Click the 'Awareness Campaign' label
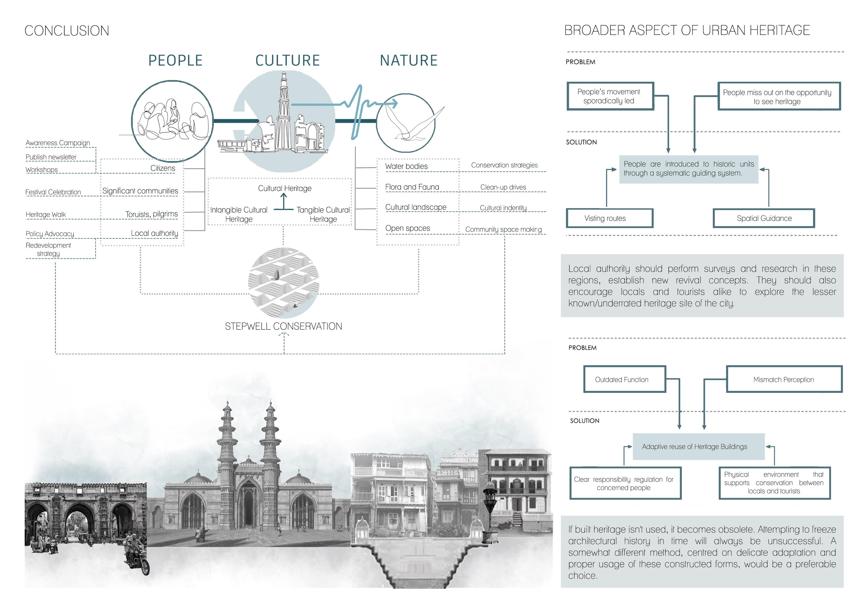pyautogui.click(x=58, y=143)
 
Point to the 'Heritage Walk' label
pyautogui.click(x=46, y=215)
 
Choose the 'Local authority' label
pyautogui.click(x=154, y=233)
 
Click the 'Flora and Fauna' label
pyautogui.click(x=412, y=187)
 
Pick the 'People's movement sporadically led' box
pyautogui.click(x=610, y=96)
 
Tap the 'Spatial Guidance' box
pyautogui.click(x=764, y=218)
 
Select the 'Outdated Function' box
pyautogui.click(x=624, y=379)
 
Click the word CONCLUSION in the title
pyautogui.click(x=67, y=31)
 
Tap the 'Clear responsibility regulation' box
pyautogui.click(x=625, y=483)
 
